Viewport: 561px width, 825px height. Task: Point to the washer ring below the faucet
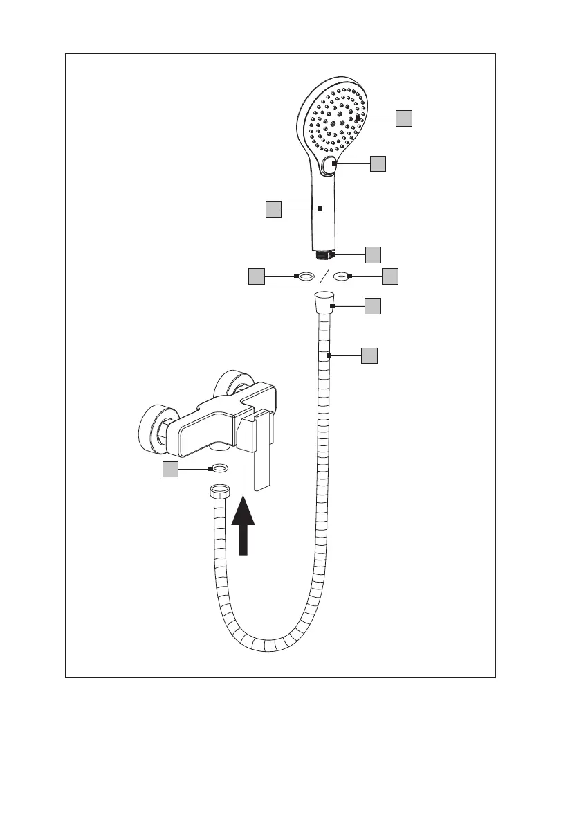coord(219,470)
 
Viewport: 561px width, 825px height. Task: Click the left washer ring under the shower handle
coord(305,276)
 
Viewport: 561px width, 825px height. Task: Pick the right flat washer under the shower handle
coord(341,276)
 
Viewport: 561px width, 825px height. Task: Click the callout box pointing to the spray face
coord(404,118)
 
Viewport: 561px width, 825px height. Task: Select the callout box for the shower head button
coord(377,163)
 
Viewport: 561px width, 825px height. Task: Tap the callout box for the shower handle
coord(273,209)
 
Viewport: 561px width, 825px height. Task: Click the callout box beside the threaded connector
coord(373,254)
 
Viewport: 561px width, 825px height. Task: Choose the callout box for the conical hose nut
coord(373,305)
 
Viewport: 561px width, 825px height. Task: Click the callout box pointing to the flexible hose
coord(369,356)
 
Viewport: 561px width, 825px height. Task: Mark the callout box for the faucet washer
coord(170,470)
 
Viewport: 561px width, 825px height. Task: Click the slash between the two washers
coord(323,276)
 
